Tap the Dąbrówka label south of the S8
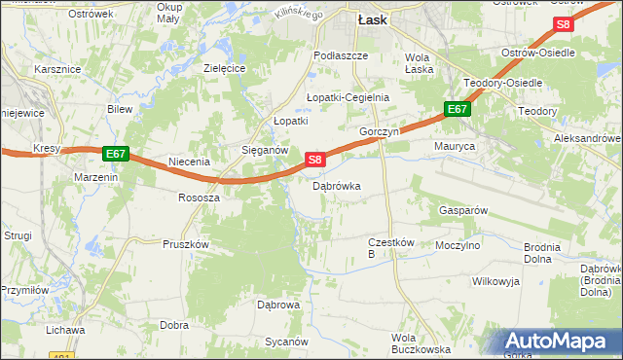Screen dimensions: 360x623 [337, 185]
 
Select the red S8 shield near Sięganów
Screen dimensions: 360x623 [313, 159]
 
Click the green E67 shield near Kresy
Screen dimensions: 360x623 [115, 154]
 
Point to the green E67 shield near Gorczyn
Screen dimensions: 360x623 [458, 110]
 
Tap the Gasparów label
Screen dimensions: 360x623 [462, 210]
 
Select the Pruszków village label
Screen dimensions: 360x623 [187, 244]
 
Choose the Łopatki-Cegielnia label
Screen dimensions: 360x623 [348, 97]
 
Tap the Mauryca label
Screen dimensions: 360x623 [454, 146]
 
